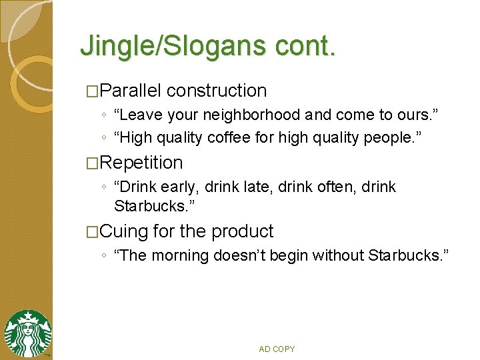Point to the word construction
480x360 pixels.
[217, 91]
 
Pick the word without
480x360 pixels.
[339, 255]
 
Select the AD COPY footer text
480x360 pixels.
[277, 349]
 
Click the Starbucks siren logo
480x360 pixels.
[27, 334]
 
